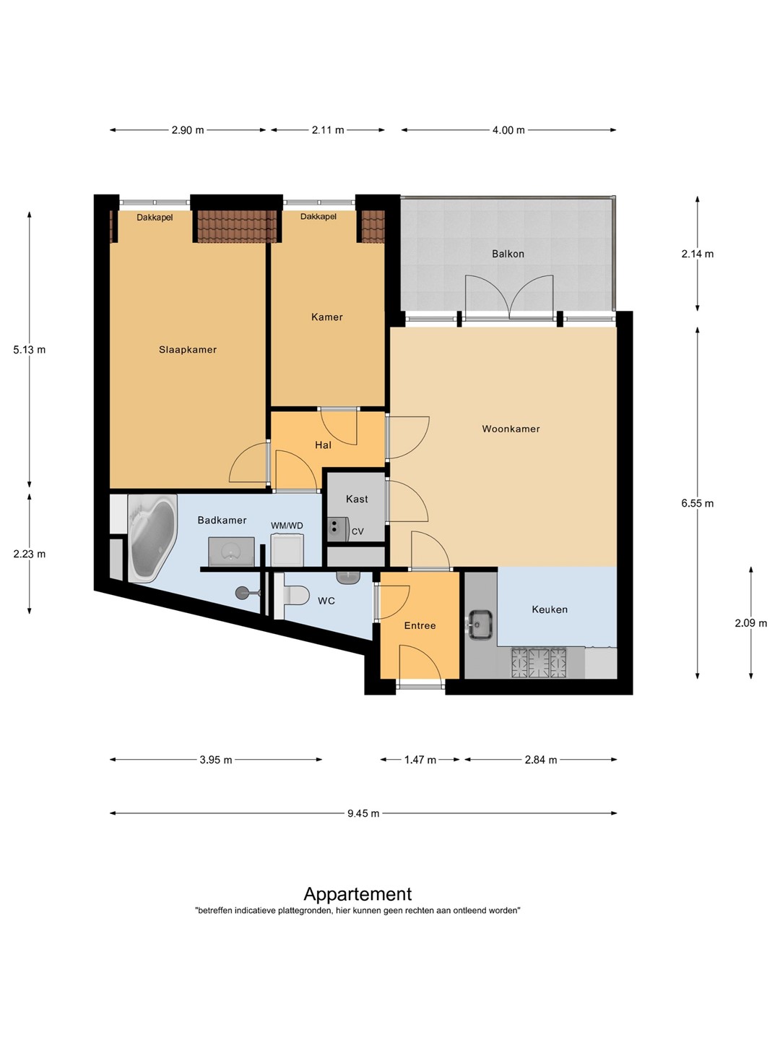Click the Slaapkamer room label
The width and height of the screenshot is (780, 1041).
coord(188,349)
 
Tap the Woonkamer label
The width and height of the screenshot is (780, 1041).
coord(511,429)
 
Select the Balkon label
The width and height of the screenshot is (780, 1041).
coord(508,254)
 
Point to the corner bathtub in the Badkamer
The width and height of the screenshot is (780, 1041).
coord(152,539)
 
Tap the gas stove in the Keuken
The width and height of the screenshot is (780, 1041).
coord(539,662)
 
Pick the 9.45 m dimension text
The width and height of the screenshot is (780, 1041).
coord(363,813)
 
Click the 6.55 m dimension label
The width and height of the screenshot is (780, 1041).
coord(697,503)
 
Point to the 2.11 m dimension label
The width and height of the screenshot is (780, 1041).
coord(328,130)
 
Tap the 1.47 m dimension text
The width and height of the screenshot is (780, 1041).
coord(420,760)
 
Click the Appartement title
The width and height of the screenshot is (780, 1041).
coord(357,894)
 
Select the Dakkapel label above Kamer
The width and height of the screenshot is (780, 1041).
coord(318,217)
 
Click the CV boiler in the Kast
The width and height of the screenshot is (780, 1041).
coord(339,529)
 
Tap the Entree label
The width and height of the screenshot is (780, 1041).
coord(420,625)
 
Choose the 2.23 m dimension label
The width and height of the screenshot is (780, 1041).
coord(30,554)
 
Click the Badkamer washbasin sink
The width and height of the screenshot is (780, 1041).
coord(231,552)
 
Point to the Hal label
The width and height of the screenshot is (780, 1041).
coord(323,445)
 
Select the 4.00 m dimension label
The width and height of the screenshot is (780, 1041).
coord(508,130)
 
